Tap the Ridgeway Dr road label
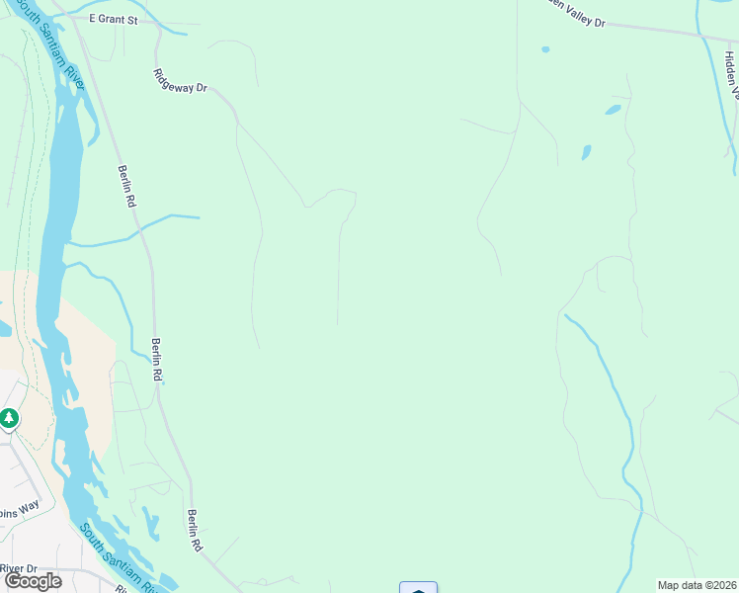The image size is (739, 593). pyautogui.click(x=180, y=81)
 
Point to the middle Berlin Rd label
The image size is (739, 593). pyautogui.click(x=156, y=360)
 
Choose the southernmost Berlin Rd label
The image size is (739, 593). pyautogui.click(x=194, y=531)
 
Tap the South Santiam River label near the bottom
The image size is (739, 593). pyautogui.click(x=119, y=559)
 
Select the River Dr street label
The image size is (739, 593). pyautogui.click(x=18, y=568)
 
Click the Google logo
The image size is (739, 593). pyautogui.click(x=33, y=580)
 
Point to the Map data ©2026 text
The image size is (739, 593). pyautogui.click(x=696, y=585)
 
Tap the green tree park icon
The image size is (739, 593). pyautogui.click(x=10, y=419)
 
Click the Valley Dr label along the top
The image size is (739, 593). pyautogui.click(x=573, y=12)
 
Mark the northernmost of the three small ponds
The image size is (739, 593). pyautogui.click(x=545, y=48)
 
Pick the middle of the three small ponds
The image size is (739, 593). pyautogui.click(x=613, y=109)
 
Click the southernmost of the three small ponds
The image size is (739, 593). pyautogui.click(x=586, y=152)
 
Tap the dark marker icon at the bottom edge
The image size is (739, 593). pyautogui.click(x=419, y=588)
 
